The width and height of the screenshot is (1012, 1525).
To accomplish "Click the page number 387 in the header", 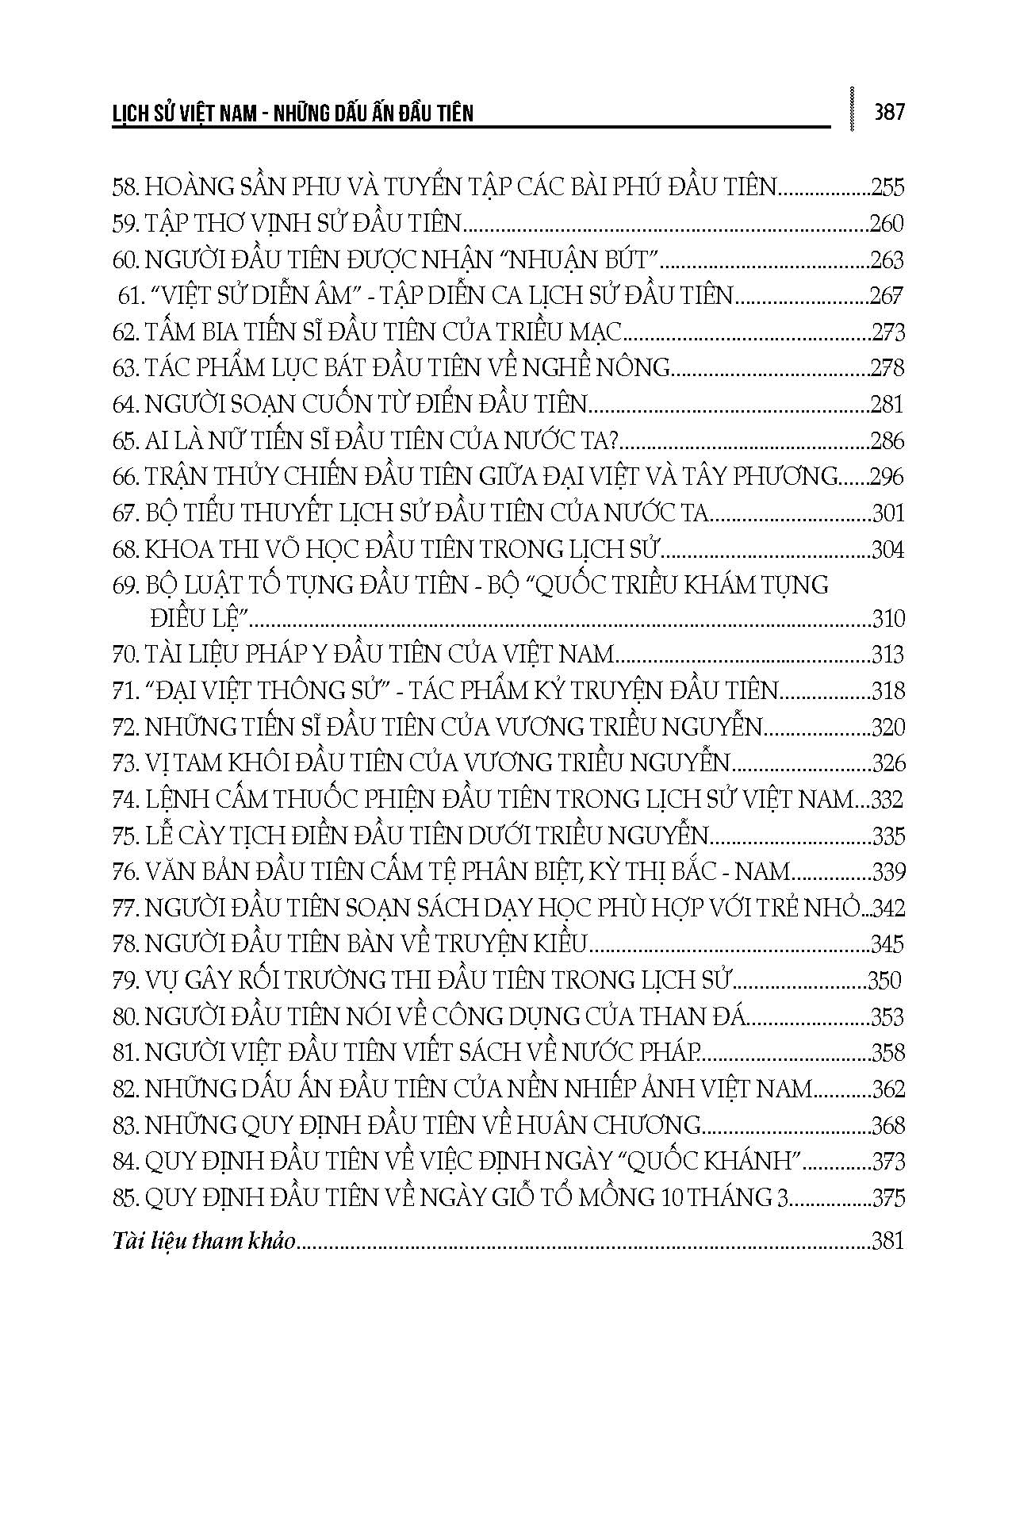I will [x=888, y=113].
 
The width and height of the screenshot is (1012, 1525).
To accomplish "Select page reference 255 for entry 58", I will [x=887, y=187].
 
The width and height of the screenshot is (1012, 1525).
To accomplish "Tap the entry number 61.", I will [x=128, y=296].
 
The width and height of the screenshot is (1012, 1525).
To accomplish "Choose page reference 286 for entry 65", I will [x=887, y=440].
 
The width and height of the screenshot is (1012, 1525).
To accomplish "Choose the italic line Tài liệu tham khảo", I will [x=204, y=1240].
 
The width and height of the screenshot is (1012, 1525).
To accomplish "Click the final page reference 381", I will [x=887, y=1240].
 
